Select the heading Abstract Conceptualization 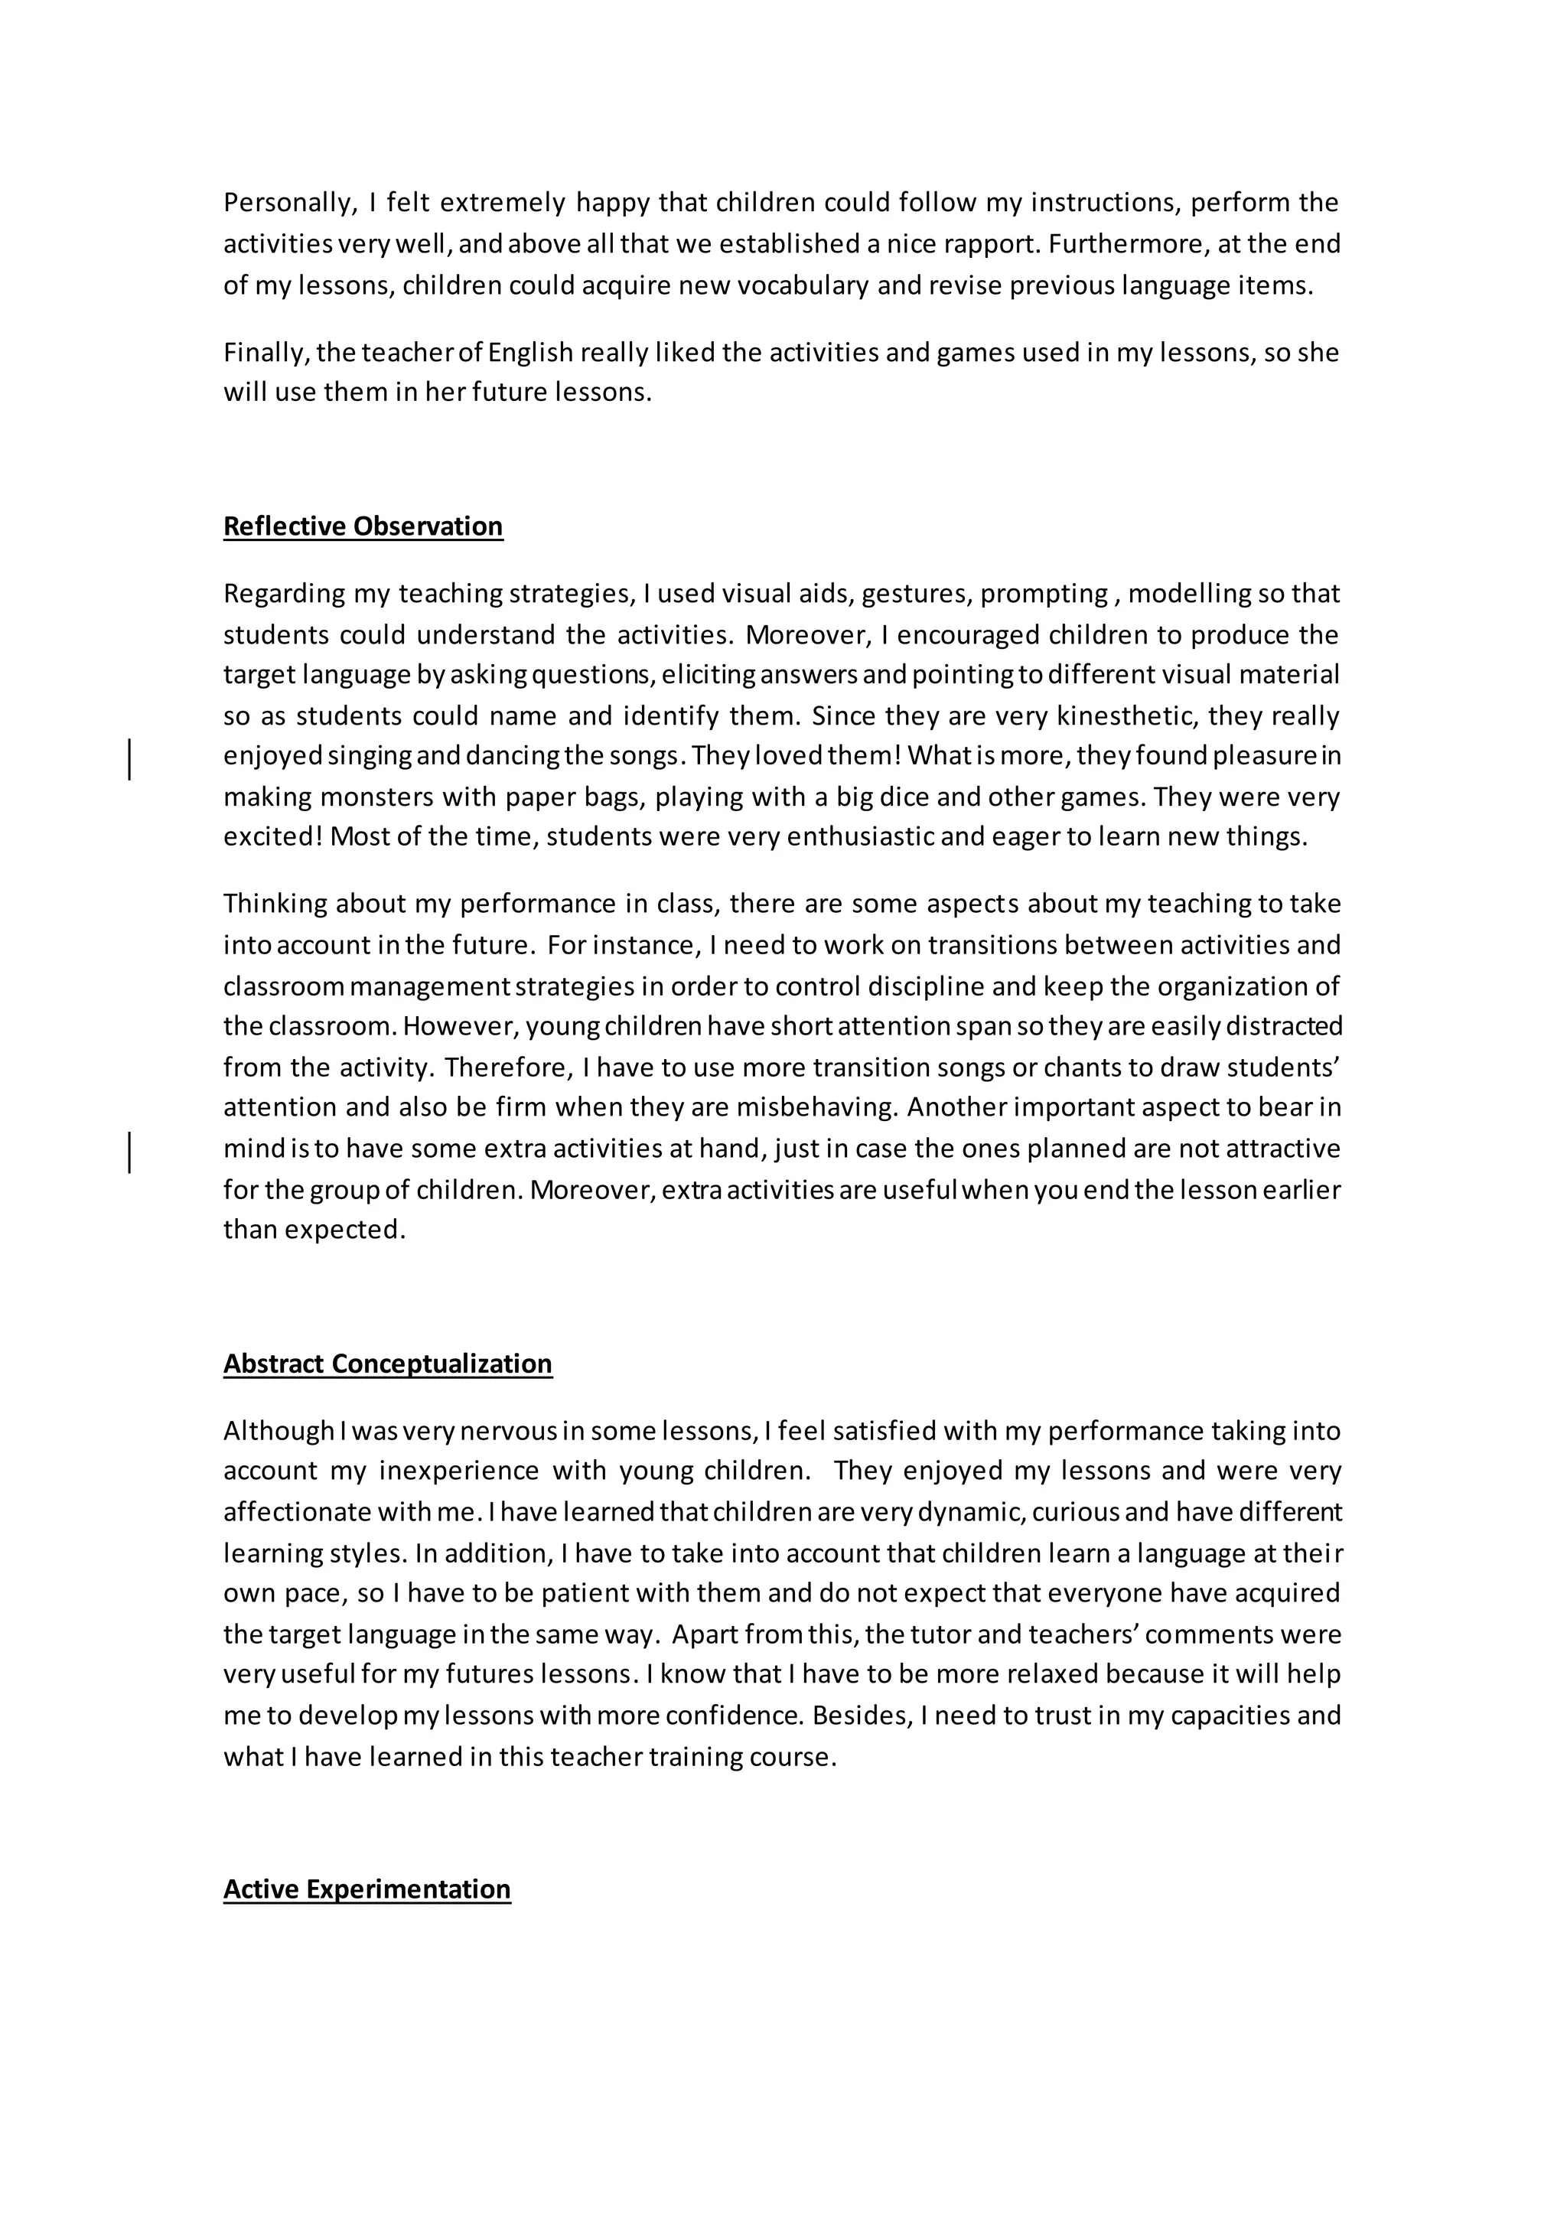coord(388,1363)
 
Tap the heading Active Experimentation coord(367,1888)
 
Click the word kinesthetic coord(1120,716)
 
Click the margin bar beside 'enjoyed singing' coord(129,758)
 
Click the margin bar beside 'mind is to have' coord(129,1152)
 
